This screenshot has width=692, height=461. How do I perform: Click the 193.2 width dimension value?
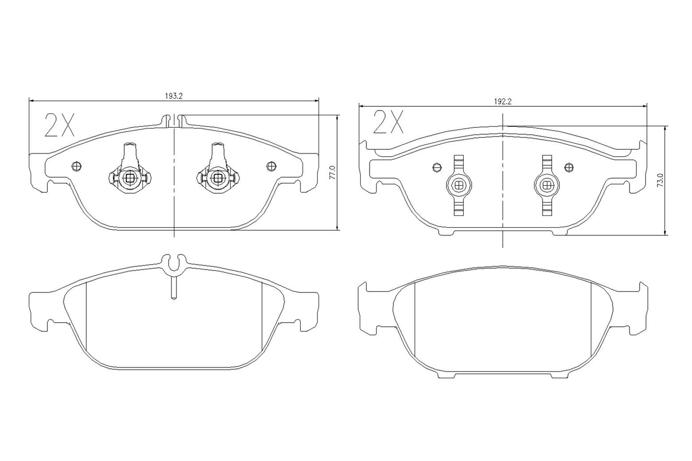tap(174, 96)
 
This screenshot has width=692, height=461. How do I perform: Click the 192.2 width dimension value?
tap(503, 101)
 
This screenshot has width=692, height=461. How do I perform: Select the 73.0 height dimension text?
tap(660, 181)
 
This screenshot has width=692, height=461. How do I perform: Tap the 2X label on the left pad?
tap(60, 126)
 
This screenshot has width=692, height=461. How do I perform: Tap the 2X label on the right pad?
tap(388, 122)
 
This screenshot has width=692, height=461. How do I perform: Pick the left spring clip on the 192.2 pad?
tap(459, 184)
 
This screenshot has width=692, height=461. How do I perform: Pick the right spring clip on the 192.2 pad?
tap(547, 184)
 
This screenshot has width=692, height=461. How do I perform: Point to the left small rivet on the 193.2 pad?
tap(75, 166)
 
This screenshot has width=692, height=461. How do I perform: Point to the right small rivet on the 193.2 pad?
tap(272, 166)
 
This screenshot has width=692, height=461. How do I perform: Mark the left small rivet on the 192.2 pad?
tap(436, 167)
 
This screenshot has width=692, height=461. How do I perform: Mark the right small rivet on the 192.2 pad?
tap(569, 167)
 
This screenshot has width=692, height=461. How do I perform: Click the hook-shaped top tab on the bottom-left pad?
tap(174, 262)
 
